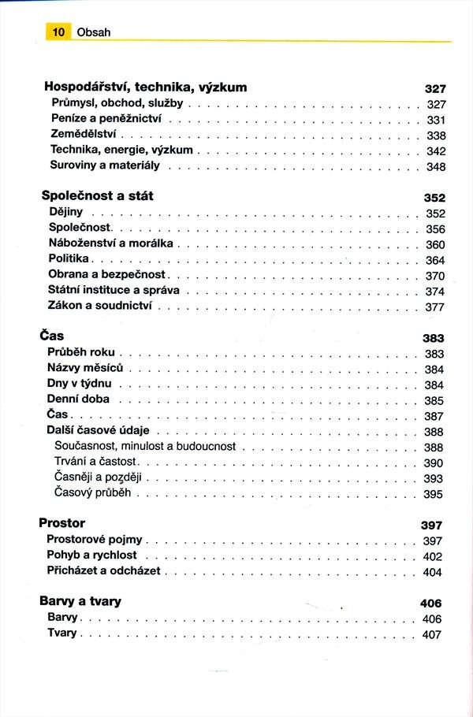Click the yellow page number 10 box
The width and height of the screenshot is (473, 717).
[58, 32]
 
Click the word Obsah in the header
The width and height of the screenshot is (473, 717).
[93, 32]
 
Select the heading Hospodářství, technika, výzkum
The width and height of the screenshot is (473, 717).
[145, 87]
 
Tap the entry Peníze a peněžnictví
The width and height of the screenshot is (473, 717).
[106, 118]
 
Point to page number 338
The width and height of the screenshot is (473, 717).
[436, 136]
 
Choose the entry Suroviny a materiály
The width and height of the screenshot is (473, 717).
[105, 165]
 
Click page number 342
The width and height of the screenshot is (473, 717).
[436, 151]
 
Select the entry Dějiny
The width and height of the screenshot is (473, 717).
[65, 212]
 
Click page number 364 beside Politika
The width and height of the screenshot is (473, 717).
[435, 260]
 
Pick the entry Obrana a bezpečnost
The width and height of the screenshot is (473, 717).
[107, 274]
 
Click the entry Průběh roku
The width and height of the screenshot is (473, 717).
[84, 352]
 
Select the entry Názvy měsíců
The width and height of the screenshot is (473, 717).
[85, 368]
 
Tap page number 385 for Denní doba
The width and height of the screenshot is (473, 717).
[434, 400]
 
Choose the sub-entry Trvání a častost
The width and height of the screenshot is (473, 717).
[95, 462]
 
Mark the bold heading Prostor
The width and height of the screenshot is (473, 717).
[61, 523]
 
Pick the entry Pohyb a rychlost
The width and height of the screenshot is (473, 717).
[91, 555]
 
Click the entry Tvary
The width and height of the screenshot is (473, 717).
[62, 633]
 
